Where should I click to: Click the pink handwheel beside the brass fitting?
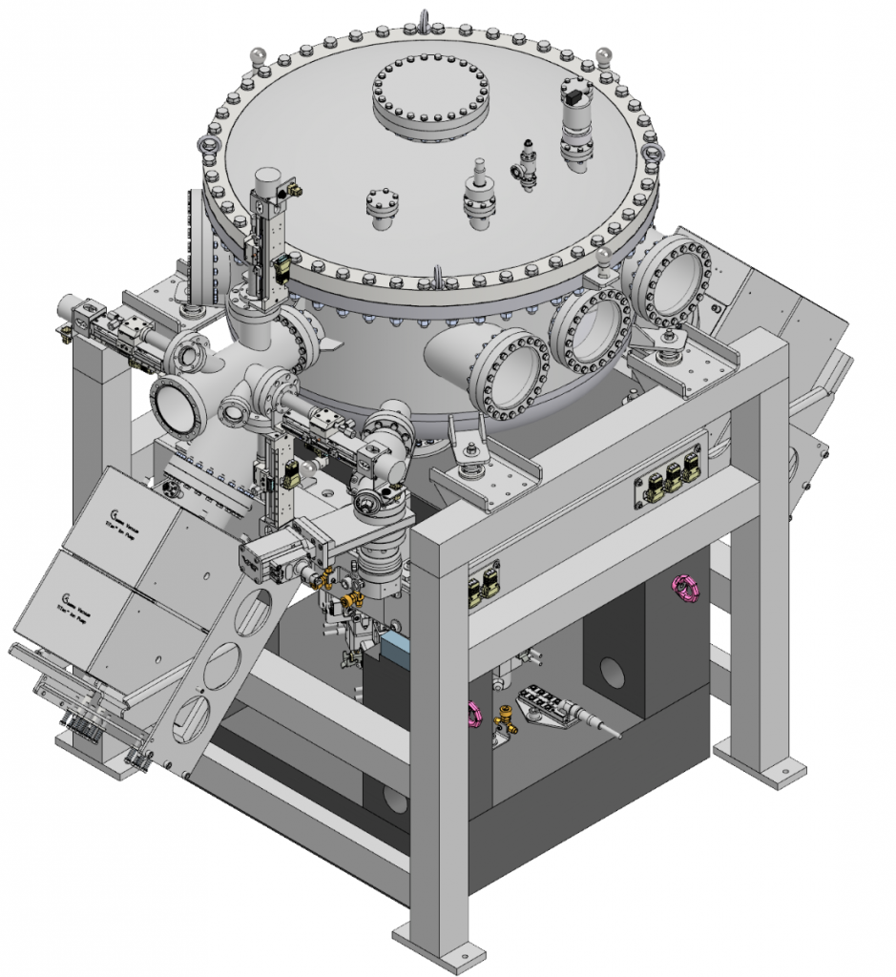point(472,711)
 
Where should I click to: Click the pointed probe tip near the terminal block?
point(615,734)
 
